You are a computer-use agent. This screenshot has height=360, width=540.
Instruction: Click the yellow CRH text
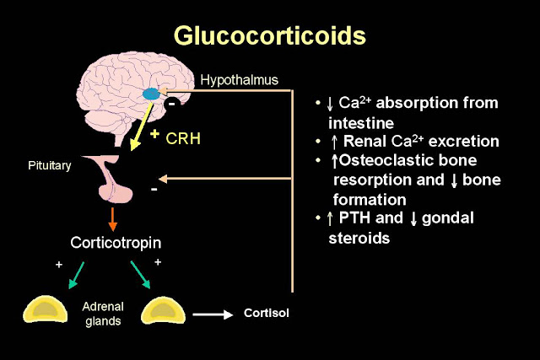(181, 137)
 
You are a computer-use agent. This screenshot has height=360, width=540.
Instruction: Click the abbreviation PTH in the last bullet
(357, 218)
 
